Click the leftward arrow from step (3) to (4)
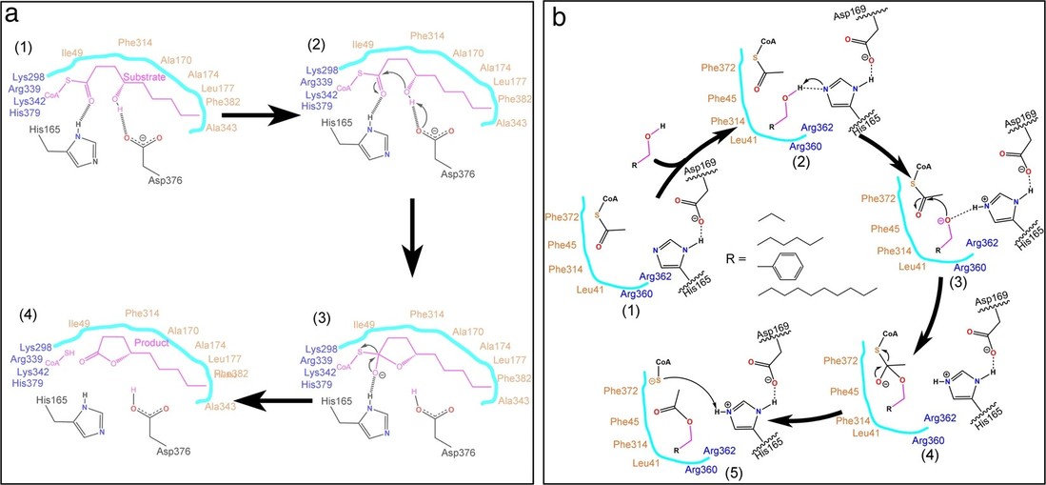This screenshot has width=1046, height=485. (275, 403)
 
